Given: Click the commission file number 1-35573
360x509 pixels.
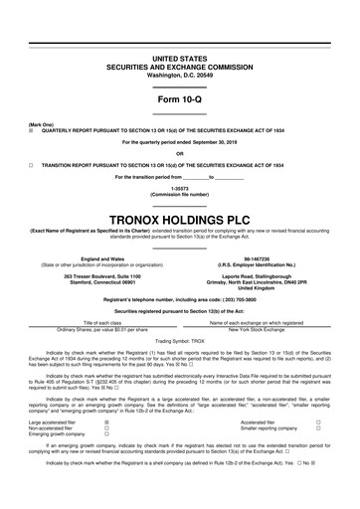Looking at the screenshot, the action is tap(179, 186).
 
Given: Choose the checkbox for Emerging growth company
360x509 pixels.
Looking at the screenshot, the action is tap(106, 434).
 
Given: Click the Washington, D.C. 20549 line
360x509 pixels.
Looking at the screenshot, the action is tap(179, 47).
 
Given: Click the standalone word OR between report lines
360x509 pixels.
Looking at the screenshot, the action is tap(179, 152).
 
